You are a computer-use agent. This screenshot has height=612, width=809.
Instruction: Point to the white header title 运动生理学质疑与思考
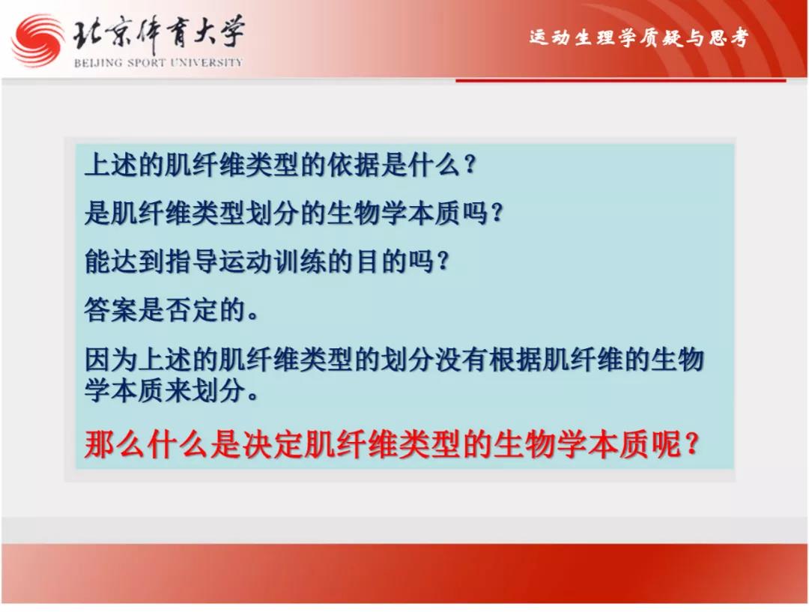coord(639,37)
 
